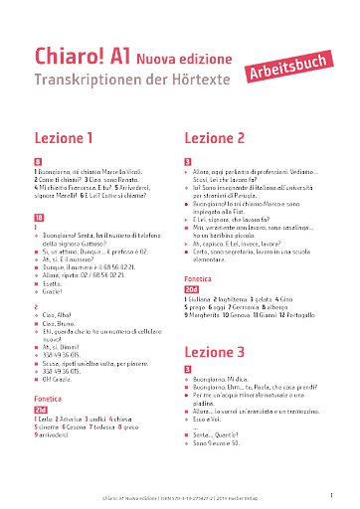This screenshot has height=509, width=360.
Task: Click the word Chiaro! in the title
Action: [x=71, y=51]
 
